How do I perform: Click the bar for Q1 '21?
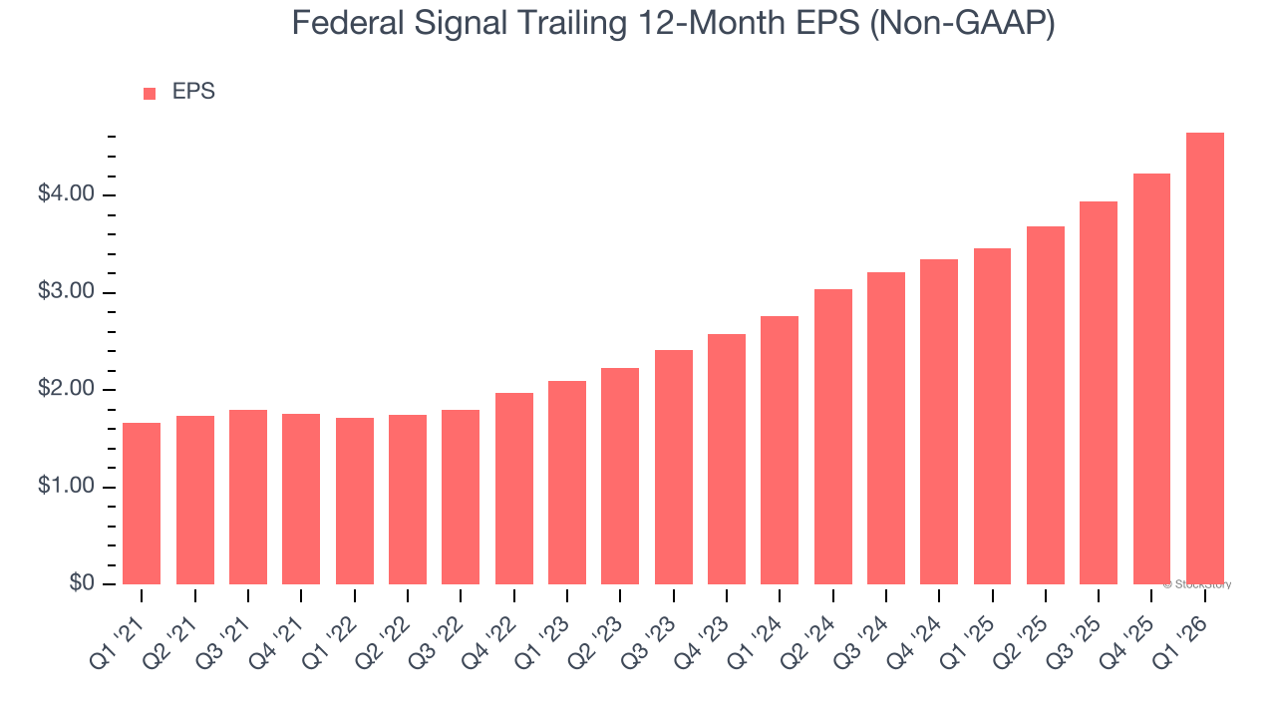point(142,504)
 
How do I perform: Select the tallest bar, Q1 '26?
point(1205,359)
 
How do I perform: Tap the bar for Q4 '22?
point(514,489)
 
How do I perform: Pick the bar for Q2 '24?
point(833,437)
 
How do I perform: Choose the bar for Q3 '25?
point(1099,393)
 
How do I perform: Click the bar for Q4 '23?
point(727,459)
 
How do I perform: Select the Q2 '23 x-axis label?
point(599,628)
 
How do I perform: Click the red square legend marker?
point(150,94)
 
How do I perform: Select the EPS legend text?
point(193,92)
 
